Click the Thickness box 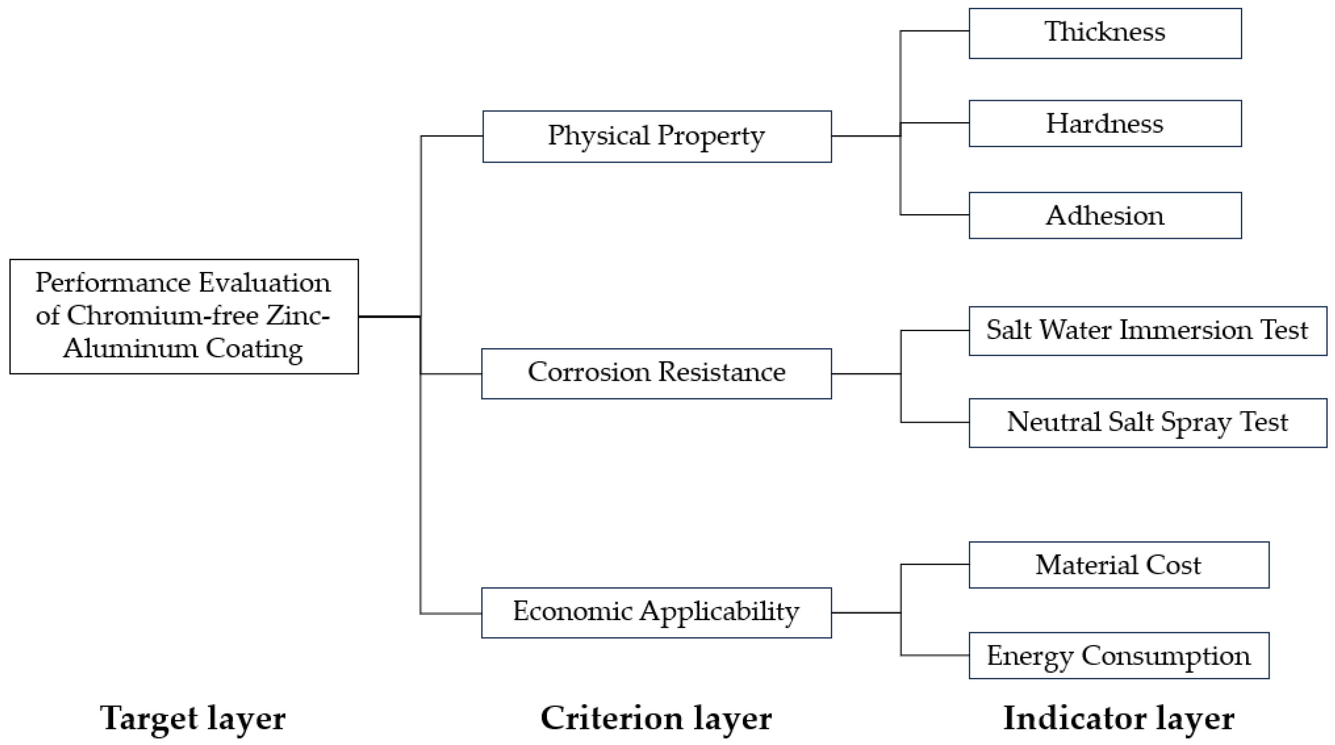pyautogui.click(x=1105, y=33)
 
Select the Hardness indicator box pyautogui.click(x=1105, y=123)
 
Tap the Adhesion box pyautogui.click(x=1105, y=215)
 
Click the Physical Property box pyautogui.click(x=657, y=136)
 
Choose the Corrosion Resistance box pyautogui.click(x=656, y=373)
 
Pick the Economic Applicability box pyautogui.click(x=656, y=612)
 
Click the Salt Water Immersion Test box pyautogui.click(x=1147, y=331)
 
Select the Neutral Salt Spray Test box pyautogui.click(x=1147, y=423)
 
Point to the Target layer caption pyautogui.click(x=192, y=718)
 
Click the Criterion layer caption pyautogui.click(x=656, y=718)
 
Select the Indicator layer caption pyautogui.click(x=1118, y=718)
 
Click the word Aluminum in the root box pyautogui.click(x=131, y=348)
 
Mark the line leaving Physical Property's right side pyautogui.click(x=866, y=136)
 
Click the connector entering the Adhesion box pyautogui.click(x=935, y=214)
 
